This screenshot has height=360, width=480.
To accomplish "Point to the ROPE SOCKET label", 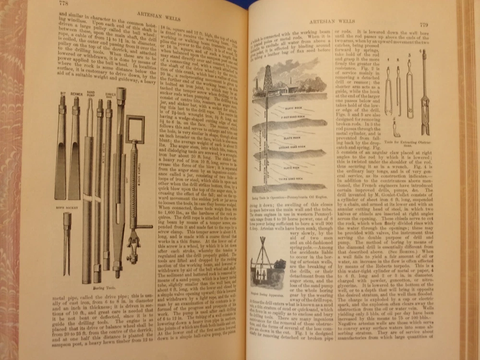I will point(63,209).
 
